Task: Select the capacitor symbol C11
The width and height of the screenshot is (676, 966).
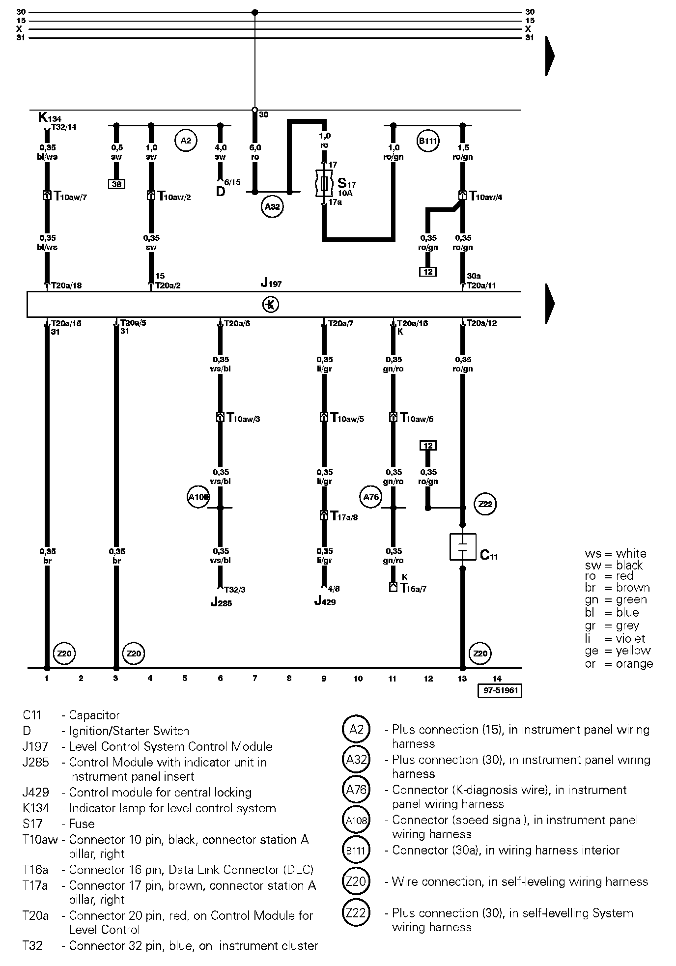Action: click(462, 547)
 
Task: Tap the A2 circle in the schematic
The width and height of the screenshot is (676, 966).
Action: click(185, 141)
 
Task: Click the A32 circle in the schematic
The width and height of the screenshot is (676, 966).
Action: click(272, 207)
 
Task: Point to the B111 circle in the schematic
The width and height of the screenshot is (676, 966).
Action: click(427, 141)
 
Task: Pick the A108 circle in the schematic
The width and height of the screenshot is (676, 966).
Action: click(198, 497)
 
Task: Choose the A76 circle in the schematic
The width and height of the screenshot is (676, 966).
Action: click(371, 497)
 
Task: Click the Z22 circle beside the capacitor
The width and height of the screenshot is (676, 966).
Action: click(485, 505)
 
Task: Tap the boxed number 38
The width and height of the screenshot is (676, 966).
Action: click(116, 184)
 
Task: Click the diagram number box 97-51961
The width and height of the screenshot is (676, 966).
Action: click(499, 690)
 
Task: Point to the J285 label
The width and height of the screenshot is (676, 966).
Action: click(221, 603)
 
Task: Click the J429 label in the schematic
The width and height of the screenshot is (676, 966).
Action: click(325, 601)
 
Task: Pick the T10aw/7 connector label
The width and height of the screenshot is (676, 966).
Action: click(70, 197)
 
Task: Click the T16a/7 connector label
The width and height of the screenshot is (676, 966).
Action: click(413, 588)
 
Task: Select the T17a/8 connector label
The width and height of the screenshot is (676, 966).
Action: click(344, 516)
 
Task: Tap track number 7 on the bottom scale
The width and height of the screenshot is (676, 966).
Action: click(254, 679)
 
